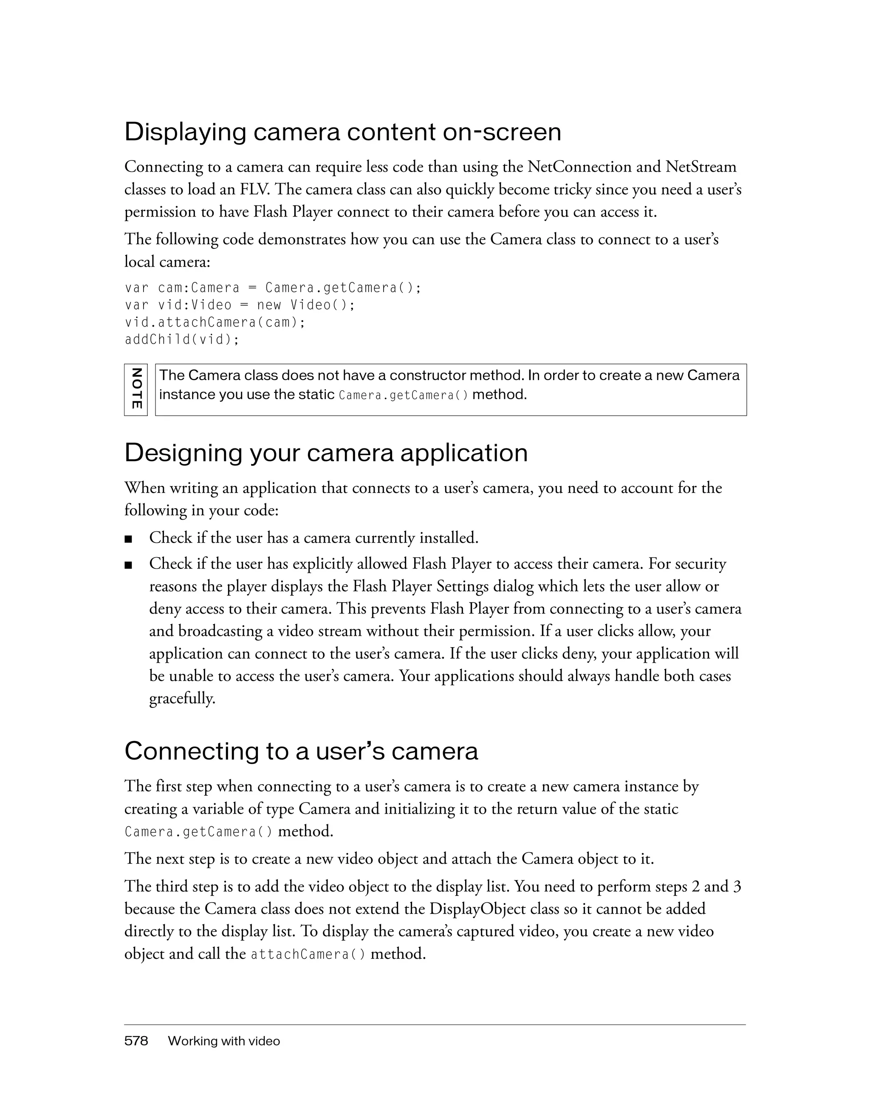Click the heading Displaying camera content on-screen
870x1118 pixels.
point(342,132)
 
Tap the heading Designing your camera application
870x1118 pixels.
point(326,453)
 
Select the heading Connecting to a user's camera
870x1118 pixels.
point(301,752)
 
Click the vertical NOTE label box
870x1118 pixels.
point(136,389)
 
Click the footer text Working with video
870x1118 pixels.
point(224,1041)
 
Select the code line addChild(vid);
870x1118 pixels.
point(182,339)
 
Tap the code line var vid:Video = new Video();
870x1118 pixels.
point(240,305)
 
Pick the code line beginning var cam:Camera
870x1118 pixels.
point(273,288)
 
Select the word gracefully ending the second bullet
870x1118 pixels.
point(182,698)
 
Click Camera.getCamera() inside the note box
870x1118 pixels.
point(404,396)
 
